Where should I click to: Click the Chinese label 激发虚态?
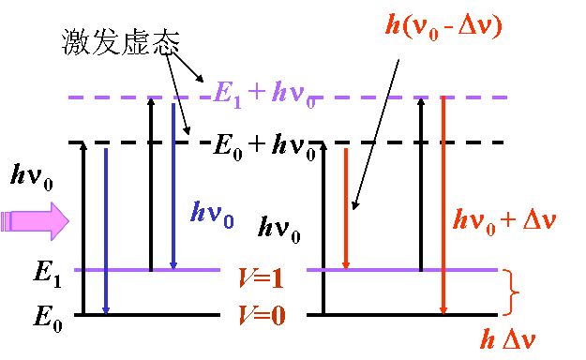pos(118,42)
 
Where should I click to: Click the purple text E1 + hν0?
pos(265,94)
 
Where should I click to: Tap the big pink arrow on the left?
pos(36,221)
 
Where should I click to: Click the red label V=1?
pos(262,278)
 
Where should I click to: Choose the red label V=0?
pos(262,314)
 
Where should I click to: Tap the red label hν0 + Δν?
pos(504,220)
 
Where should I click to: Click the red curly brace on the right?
pos(510,292)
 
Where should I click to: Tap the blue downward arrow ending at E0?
pos(105,230)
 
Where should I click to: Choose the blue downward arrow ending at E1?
pos(173,184)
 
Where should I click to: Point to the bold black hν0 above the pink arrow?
pos(33,174)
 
